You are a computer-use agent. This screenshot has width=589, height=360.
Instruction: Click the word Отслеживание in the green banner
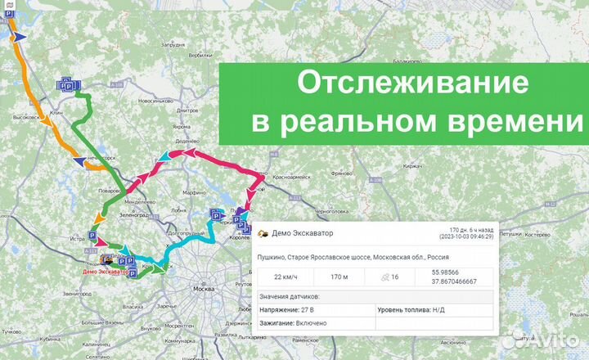(x=401, y=84)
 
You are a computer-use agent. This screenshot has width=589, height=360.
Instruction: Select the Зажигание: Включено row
(x=294, y=323)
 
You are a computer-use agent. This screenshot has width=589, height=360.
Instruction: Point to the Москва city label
(x=201, y=290)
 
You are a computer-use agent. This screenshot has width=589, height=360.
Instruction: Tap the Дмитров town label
(x=187, y=110)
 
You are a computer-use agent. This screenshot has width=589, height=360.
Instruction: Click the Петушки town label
(x=510, y=233)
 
